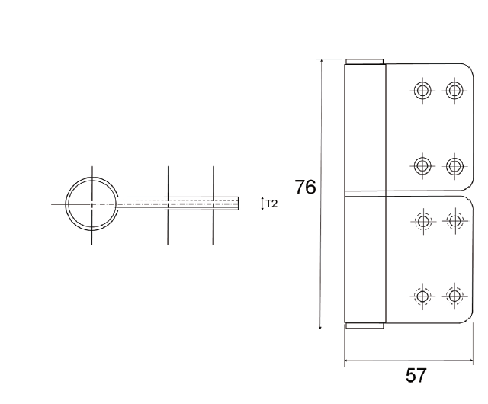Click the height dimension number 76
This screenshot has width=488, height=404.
click(305, 187)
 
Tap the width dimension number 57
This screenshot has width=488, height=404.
click(416, 375)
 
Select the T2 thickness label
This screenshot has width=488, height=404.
click(271, 204)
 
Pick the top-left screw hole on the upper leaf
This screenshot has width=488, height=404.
click(421, 91)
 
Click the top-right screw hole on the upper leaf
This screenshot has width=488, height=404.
click(454, 91)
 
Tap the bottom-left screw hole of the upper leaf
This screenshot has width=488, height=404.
click(421, 165)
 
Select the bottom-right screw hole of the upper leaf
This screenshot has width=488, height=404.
click(454, 165)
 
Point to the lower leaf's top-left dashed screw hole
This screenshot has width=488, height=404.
click(421, 222)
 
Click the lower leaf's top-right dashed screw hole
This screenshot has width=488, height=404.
click(454, 222)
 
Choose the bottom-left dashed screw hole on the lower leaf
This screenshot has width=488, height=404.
click(421, 296)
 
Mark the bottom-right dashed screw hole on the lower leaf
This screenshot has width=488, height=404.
click(454, 296)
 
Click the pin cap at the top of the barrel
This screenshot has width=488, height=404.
click(364, 62)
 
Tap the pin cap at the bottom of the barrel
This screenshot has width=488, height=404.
click(364, 326)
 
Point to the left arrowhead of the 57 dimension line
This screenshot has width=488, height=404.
click(348, 360)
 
